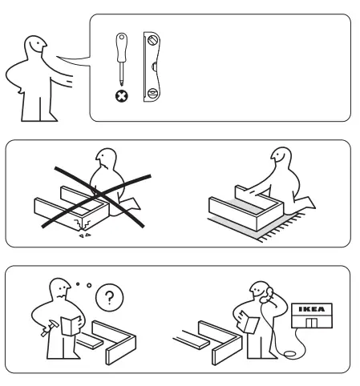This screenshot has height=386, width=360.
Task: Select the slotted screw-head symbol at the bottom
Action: click(x=151, y=95)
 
